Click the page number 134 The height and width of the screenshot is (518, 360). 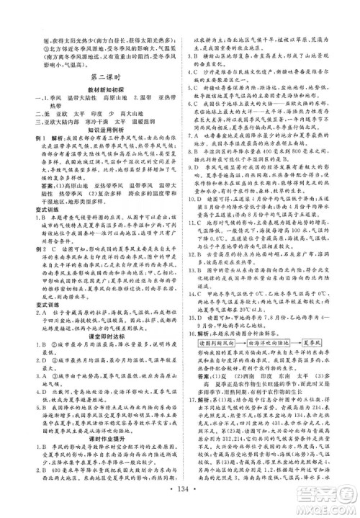[180, 499]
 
